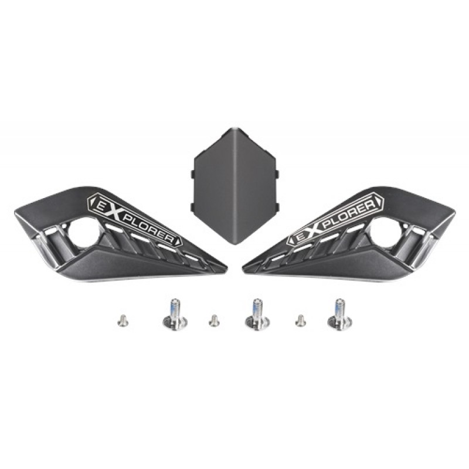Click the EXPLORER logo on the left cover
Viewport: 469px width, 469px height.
134,219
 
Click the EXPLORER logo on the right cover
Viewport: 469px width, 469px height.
335,219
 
